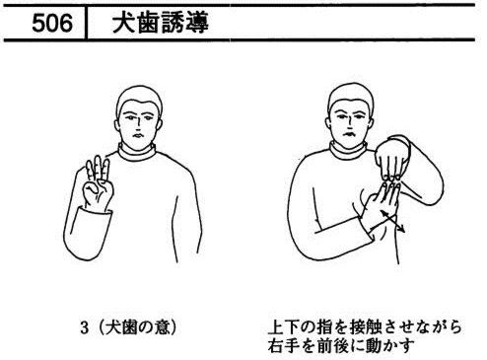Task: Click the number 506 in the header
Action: (x=52, y=23)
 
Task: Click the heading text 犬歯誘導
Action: (x=160, y=23)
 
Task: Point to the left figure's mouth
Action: (x=138, y=135)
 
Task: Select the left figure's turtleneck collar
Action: (x=137, y=152)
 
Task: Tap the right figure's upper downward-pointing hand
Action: (x=391, y=159)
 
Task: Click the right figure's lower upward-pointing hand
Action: (x=383, y=205)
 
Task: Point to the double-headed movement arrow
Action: (x=392, y=222)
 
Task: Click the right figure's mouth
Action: (x=349, y=134)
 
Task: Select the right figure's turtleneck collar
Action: (x=348, y=151)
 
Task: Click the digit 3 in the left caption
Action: (x=85, y=327)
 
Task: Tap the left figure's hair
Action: (x=139, y=97)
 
